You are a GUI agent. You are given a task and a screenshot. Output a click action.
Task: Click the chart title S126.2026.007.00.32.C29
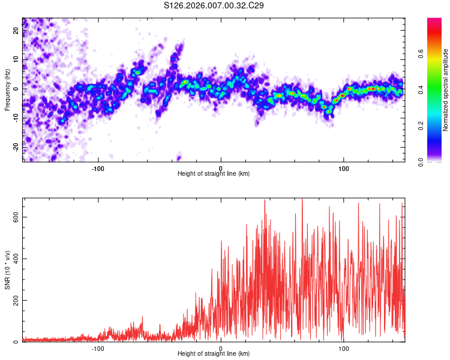pos(214,6)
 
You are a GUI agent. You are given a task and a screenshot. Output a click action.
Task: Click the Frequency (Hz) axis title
pos(8,89)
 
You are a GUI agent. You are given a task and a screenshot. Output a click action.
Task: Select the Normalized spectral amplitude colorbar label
pos(445,90)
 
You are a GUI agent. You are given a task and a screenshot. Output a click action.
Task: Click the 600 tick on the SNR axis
pos(15,218)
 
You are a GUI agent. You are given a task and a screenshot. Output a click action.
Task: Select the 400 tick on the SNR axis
pos(15,259)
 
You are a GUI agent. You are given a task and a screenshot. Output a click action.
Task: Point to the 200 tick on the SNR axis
pos(15,301)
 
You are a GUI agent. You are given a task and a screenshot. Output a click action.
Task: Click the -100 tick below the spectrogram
pos(98,167)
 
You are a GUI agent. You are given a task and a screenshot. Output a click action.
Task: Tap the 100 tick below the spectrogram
pos(344,167)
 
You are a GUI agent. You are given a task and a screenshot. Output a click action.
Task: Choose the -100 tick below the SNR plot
pos(98,347)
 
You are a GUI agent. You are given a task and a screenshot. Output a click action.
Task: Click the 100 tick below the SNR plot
pos(344,347)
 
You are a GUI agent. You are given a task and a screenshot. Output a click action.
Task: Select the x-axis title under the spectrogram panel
pos(214,174)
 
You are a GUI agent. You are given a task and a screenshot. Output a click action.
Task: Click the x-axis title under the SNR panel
pos(214,354)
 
